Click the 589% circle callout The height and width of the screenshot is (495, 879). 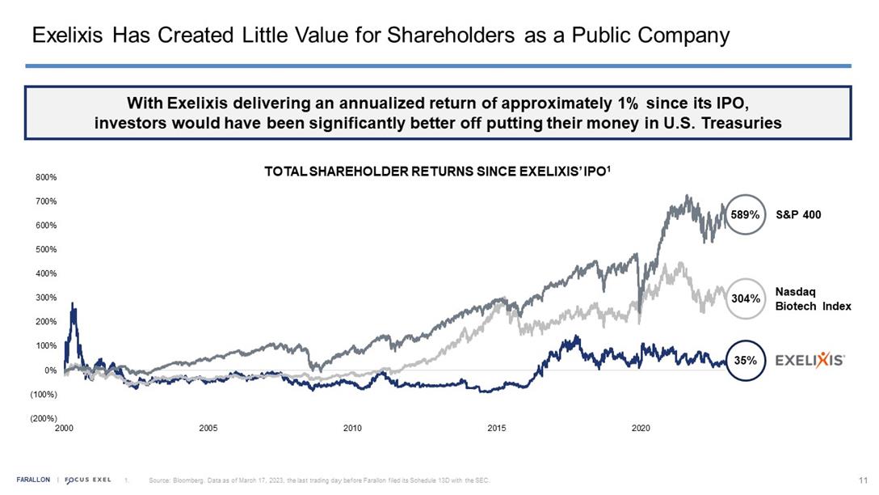click(x=745, y=215)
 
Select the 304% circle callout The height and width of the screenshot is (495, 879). click(x=745, y=298)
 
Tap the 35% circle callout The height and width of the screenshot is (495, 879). click(x=745, y=360)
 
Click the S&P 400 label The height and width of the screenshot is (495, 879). click(x=798, y=215)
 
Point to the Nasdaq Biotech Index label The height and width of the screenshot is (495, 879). click(x=813, y=298)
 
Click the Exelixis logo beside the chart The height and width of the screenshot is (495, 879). click(x=810, y=360)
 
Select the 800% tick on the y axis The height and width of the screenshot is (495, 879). click(x=45, y=176)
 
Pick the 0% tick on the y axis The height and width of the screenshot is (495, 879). click(x=50, y=370)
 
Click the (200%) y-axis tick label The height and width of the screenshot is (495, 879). click(x=44, y=419)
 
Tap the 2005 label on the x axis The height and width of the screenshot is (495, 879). click(x=208, y=428)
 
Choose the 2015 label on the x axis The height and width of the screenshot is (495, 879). click(x=497, y=428)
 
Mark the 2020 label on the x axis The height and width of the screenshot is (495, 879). click(x=641, y=428)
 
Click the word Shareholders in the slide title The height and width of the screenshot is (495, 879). click(x=449, y=36)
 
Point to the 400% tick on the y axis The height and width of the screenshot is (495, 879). click(x=45, y=273)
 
